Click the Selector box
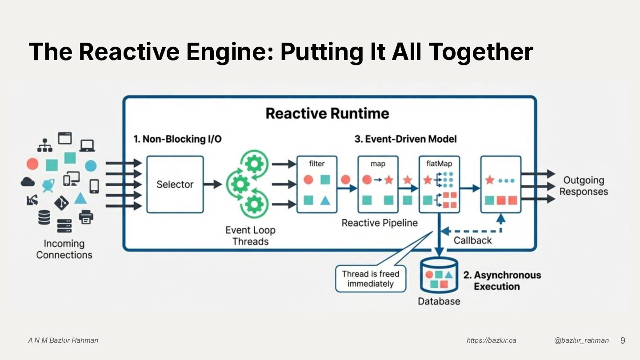[x=175, y=184]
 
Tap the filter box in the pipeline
[x=317, y=184]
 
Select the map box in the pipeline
[x=378, y=184]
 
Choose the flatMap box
[x=439, y=184]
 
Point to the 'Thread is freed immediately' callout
[x=371, y=279]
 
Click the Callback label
[x=472, y=240]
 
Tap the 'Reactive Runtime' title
[x=328, y=113]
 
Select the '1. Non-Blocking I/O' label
[x=178, y=139]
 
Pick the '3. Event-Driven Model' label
[x=405, y=139]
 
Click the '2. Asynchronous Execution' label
[x=502, y=280]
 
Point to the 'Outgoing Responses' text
[x=584, y=186]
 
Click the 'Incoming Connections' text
[x=64, y=249]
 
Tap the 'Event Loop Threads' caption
[x=250, y=236]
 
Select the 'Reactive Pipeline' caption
[x=380, y=223]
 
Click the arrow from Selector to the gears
[x=212, y=184]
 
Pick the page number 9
[x=623, y=340]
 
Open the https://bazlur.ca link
[x=491, y=340]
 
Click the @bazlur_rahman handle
[x=581, y=340]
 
